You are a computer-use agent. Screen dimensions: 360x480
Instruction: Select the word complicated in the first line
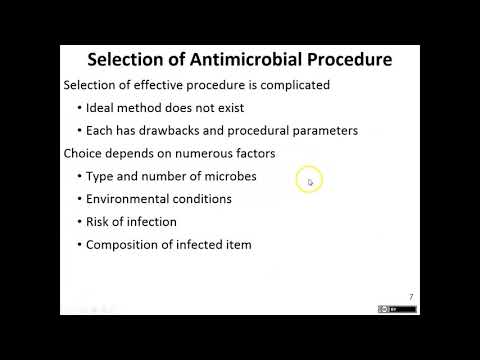point(289,85)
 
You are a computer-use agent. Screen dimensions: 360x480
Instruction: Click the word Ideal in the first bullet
point(102,108)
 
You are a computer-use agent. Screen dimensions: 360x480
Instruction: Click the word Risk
point(100,222)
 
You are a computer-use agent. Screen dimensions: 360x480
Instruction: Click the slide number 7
point(411,296)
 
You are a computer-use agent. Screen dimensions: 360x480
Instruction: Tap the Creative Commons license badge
point(397,309)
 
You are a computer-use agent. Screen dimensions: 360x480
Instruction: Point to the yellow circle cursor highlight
point(309,180)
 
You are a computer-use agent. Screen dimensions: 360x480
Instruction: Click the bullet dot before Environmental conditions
point(78,199)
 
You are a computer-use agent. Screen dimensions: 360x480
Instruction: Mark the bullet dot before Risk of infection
point(78,222)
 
